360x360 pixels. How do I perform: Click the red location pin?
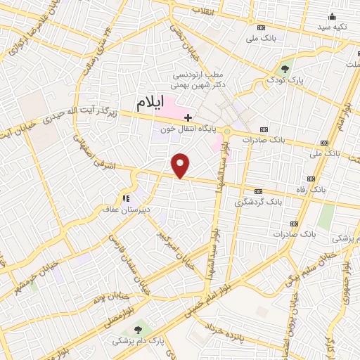click(x=181, y=166)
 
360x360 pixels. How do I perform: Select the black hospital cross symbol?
click(x=187, y=117)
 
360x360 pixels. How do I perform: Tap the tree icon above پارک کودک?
click(x=285, y=69)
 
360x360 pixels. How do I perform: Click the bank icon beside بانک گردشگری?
click(x=258, y=191)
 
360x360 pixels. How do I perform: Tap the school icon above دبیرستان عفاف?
click(x=127, y=198)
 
